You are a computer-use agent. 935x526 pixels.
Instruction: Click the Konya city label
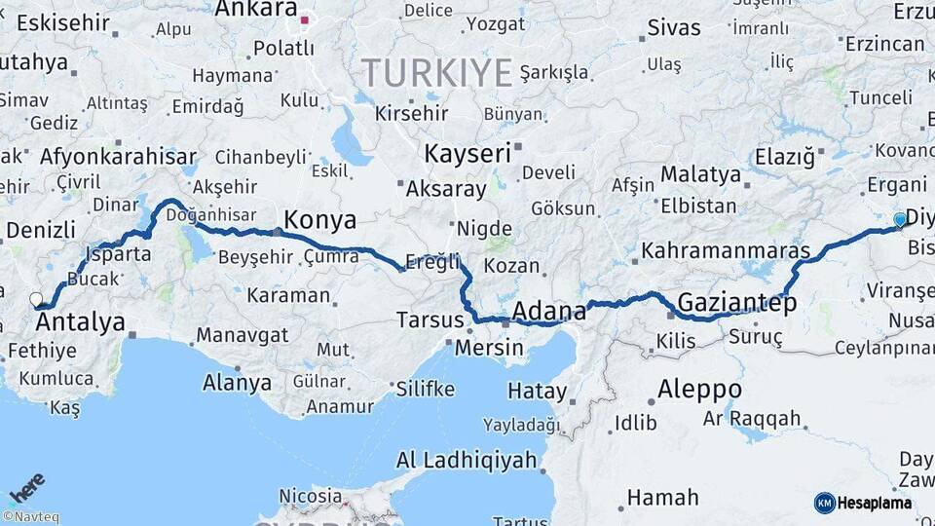point(319,218)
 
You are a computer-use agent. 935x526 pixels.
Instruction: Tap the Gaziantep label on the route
point(736,302)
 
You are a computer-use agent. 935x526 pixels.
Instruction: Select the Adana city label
point(549,311)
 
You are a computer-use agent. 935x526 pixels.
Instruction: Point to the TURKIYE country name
point(436,73)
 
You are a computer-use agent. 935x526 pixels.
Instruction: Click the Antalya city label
point(81,321)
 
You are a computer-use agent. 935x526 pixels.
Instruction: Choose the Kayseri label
point(467,153)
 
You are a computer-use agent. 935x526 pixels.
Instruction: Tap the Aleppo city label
point(699,390)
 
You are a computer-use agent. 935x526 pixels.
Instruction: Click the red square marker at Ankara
point(305,19)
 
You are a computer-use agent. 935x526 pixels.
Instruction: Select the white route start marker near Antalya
point(36,299)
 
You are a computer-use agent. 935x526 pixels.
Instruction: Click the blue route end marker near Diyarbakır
point(899,220)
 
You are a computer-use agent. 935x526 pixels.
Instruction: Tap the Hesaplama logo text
point(874,503)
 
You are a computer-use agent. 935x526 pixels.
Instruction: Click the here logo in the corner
point(26,487)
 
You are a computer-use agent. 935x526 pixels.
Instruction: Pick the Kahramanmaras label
point(726,251)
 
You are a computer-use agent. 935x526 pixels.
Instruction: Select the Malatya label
point(700,175)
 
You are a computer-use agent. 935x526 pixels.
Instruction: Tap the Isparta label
point(119,254)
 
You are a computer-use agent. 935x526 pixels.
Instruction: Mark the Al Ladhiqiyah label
point(467,460)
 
